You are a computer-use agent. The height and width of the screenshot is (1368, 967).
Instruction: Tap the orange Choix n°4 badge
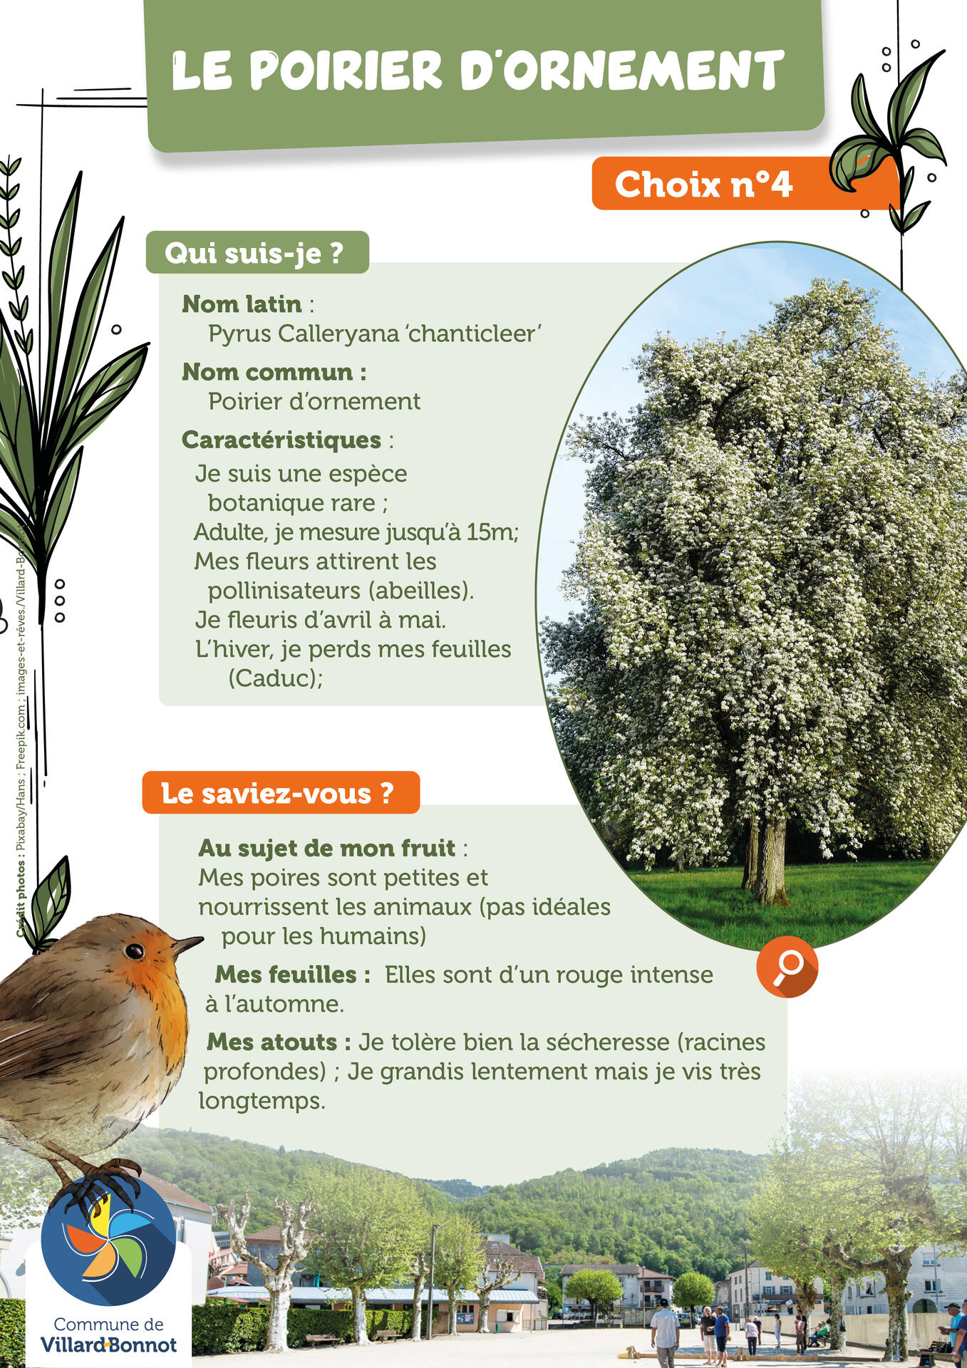pyautogui.click(x=703, y=185)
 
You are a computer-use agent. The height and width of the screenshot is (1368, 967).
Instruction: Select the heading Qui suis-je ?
pyautogui.click(x=255, y=253)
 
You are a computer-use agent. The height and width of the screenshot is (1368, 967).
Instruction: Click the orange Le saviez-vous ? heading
pyautogui.click(x=279, y=793)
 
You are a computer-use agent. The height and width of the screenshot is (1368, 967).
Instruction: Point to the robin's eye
pyautogui.click(x=134, y=950)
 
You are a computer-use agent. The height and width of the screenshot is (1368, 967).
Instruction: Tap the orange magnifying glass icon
pyautogui.click(x=787, y=967)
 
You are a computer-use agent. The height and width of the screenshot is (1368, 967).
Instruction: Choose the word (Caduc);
pyautogui.click(x=275, y=678)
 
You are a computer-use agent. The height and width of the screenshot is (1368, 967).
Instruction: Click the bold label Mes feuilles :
pyautogui.click(x=292, y=975)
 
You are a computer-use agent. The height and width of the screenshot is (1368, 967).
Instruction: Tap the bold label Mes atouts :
pyautogui.click(x=279, y=1042)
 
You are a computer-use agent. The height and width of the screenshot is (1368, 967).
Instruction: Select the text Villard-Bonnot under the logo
pyautogui.click(x=108, y=1345)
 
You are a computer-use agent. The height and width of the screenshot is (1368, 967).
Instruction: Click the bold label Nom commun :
pyautogui.click(x=274, y=372)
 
